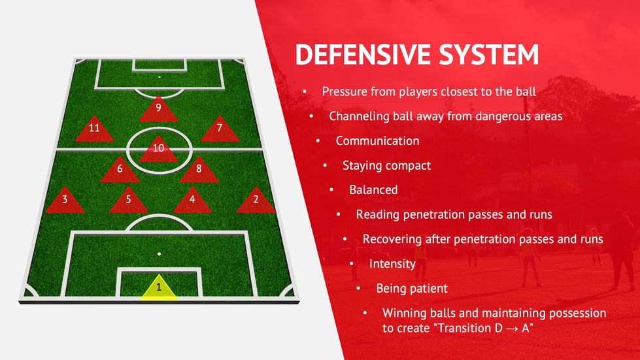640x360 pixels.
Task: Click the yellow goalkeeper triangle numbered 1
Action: pyautogui.click(x=159, y=289)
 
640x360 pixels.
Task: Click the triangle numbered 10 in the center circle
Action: pyautogui.click(x=158, y=150)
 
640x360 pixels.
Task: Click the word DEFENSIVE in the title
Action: pyautogui.click(x=363, y=54)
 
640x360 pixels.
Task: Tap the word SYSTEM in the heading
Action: pyautogui.click(x=489, y=54)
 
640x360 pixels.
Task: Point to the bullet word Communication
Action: pyautogui.click(x=378, y=140)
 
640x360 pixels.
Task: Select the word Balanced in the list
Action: pyautogui.click(x=373, y=189)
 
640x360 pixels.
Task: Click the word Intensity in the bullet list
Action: pyautogui.click(x=392, y=264)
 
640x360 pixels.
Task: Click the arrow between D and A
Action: pyautogui.click(x=512, y=328)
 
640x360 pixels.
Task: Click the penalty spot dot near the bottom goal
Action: pyautogui.click(x=160, y=254)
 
